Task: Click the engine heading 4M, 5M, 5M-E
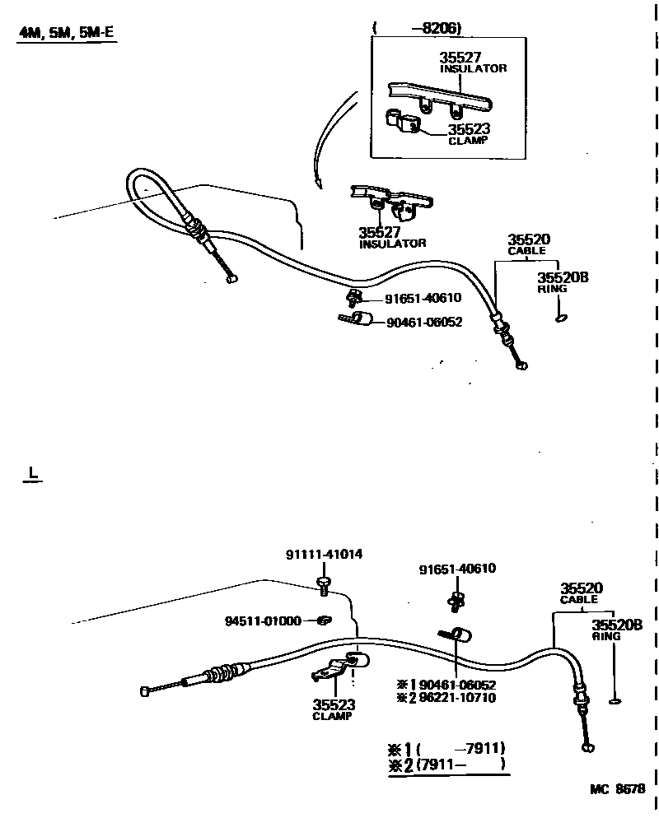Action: pos(66,35)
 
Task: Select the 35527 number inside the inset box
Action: pos(460,58)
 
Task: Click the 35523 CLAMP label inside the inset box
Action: pos(469,133)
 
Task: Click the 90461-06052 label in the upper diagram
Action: pos(424,323)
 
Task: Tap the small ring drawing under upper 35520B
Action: pos(562,318)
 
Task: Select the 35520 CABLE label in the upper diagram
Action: pos(528,244)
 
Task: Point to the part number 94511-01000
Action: pos(263,620)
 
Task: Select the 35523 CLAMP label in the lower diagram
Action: pos(333,709)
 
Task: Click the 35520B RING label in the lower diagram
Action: pos(616,630)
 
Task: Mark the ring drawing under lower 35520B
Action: pos(615,701)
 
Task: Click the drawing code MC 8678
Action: pos(617,788)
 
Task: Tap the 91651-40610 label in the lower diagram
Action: pos(457,569)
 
